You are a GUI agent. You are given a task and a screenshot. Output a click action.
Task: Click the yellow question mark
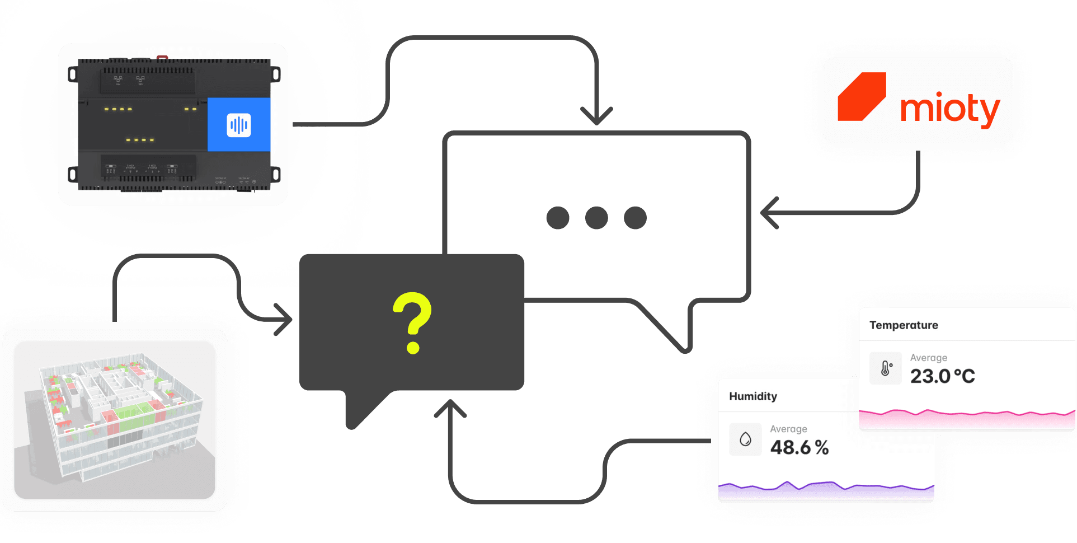(412, 322)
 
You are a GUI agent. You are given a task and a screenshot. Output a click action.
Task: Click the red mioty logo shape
(862, 96)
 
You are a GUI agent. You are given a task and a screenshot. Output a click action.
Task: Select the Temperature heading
(904, 325)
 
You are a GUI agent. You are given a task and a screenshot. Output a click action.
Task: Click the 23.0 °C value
(942, 376)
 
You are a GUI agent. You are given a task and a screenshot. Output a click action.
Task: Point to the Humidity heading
(753, 396)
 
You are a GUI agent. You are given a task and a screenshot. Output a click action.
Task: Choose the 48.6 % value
(799, 447)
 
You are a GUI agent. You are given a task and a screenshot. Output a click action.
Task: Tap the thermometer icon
(886, 368)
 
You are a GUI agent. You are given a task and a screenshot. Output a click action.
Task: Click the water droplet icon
(745, 439)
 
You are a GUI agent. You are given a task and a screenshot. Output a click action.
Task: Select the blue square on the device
(239, 124)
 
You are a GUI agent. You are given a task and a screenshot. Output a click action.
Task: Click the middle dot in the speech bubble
(596, 218)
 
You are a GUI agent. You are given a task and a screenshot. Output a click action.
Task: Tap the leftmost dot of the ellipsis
(558, 218)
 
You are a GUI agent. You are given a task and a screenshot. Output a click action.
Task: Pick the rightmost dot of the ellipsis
(635, 218)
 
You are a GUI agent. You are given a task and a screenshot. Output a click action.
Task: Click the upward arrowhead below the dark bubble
(450, 408)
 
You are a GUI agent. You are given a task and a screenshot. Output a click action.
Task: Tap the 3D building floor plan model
(115, 420)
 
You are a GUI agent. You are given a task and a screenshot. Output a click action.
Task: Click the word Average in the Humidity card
(788, 429)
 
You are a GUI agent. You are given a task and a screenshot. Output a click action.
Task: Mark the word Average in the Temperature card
(928, 358)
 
